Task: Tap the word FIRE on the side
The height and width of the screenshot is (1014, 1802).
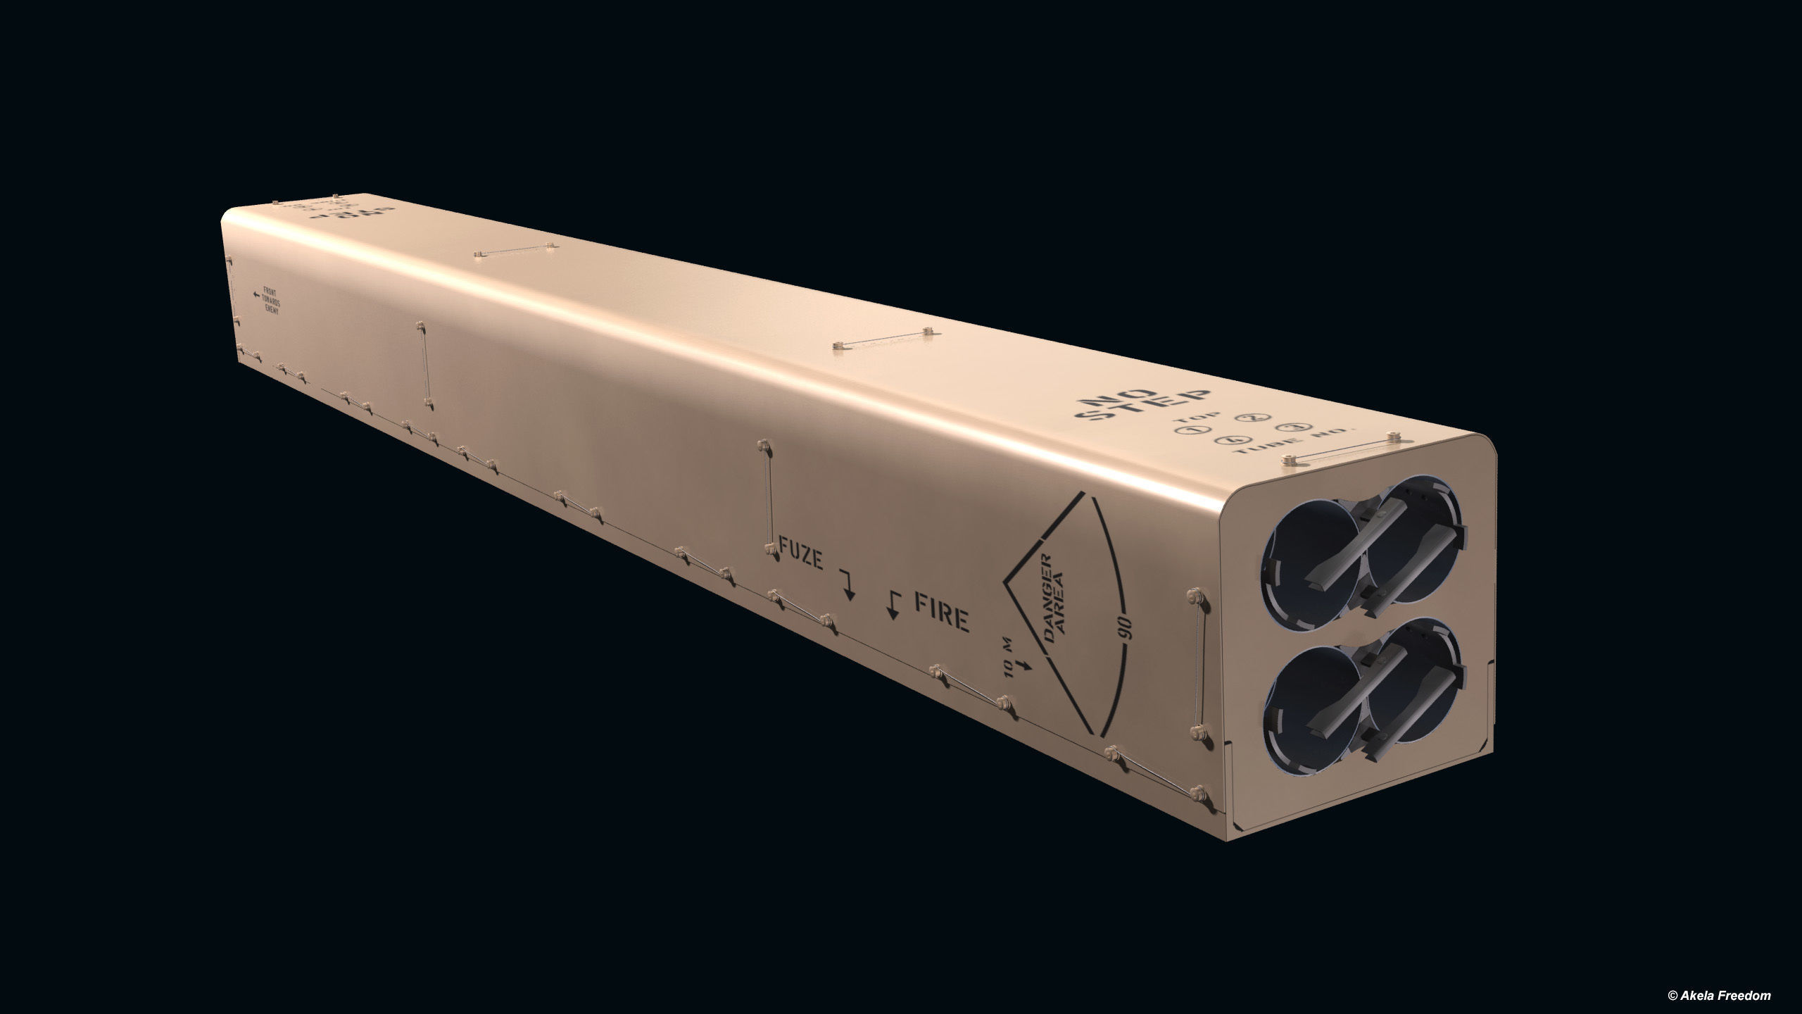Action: [940, 618]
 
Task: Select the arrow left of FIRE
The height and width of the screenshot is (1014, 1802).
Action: [893, 605]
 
